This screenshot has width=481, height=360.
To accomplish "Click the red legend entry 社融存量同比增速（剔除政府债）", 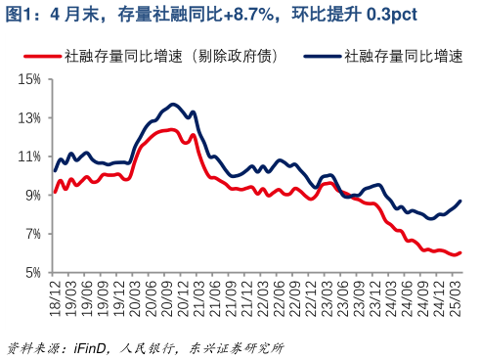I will tap(166, 57).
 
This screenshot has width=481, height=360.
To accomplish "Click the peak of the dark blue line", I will tap(173, 104).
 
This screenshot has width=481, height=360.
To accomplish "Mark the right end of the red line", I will tap(460, 252).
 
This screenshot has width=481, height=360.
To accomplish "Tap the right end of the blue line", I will tap(460, 201).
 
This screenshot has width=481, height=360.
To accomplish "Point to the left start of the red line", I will tap(55, 191).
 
